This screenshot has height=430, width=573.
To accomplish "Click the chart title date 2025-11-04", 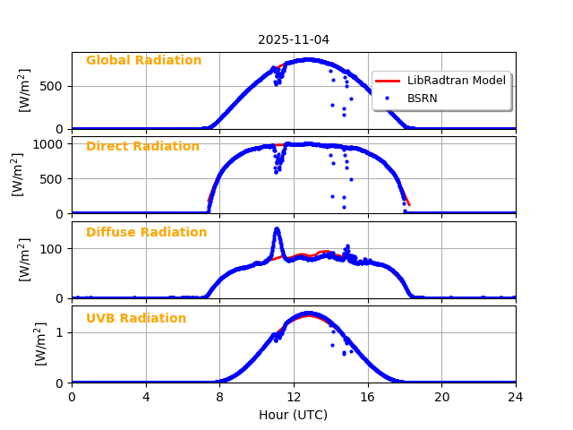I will point(294,39).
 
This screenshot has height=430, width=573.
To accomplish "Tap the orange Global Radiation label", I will point(143,61).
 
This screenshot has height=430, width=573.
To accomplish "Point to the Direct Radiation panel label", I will point(142,147).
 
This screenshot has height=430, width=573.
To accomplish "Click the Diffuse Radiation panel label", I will point(146,233).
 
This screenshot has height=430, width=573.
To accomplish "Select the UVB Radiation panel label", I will point(136,319).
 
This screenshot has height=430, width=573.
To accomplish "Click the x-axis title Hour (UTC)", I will point(294,415).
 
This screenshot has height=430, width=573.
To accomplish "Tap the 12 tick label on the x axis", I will point(294,397).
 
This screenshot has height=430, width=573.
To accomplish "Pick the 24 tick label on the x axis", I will point(516,397).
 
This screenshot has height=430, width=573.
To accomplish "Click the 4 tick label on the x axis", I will point(146,397).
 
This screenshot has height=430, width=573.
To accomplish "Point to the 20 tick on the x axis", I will point(441,397).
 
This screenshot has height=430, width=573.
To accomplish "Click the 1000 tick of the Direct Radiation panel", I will point(49,143).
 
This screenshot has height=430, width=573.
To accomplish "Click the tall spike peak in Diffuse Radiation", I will point(277,229).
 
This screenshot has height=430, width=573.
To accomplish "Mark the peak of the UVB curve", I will point(308,314).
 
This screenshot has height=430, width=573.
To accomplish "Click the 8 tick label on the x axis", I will point(219,397).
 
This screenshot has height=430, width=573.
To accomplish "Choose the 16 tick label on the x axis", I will point(368,397).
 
